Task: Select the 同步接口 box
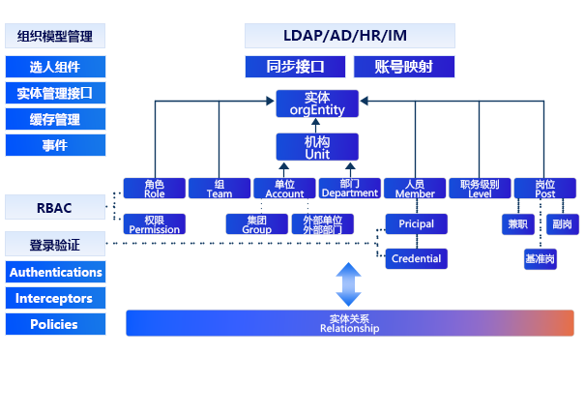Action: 295,67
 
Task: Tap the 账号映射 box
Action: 401,67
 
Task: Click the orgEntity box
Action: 317,103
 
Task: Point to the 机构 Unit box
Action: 317,147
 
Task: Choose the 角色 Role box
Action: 154,189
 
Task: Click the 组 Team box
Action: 219,189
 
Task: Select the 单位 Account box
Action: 284,189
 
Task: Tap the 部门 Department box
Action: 349,189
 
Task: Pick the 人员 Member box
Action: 415,189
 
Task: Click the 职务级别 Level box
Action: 480,189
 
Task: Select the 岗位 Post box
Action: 545,189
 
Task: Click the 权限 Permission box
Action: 154,224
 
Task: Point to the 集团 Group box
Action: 256,224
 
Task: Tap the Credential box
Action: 416,258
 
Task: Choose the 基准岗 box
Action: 540,259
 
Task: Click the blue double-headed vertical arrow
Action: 348,284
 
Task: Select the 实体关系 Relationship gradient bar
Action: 350,323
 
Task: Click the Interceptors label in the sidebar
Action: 54,299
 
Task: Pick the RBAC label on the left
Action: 54,208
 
